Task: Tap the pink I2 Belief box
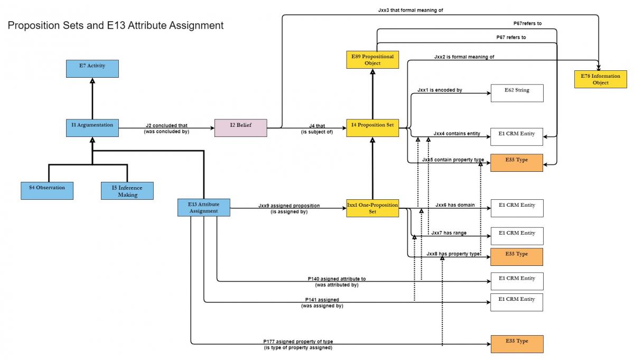240,128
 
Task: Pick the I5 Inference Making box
127,191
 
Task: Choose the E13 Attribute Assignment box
203,207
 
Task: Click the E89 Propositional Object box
372,60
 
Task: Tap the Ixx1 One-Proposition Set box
372,208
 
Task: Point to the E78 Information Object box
601,79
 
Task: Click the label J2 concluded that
166,125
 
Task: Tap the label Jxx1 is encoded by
440,90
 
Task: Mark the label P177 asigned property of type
298,341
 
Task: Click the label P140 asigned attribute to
337,279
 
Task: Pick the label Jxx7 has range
449,233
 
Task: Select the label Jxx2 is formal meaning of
464,57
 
